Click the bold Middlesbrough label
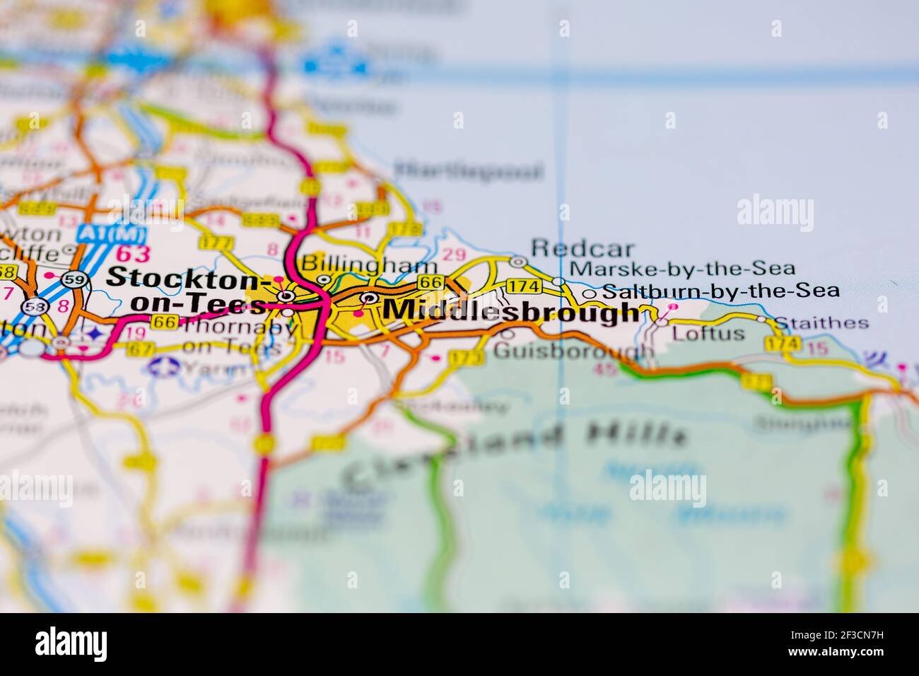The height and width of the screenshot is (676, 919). point(510,311)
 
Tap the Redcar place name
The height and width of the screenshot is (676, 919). point(583,248)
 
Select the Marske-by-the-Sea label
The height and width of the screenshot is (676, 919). point(682,269)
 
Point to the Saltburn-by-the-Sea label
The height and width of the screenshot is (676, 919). point(721,291)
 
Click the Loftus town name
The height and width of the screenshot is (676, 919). point(708,333)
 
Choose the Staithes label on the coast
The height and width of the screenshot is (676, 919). point(821,323)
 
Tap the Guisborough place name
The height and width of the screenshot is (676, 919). point(573,350)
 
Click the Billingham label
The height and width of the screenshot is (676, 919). point(369,264)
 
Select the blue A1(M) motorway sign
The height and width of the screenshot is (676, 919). point(112,233)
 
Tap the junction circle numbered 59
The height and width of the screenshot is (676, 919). point(73,278)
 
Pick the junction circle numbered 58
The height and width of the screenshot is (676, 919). point(33,307)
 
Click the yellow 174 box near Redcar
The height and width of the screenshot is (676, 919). point(524,286)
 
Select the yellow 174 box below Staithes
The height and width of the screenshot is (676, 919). point(783,344)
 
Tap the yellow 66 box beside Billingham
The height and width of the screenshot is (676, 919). point(430,282)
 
